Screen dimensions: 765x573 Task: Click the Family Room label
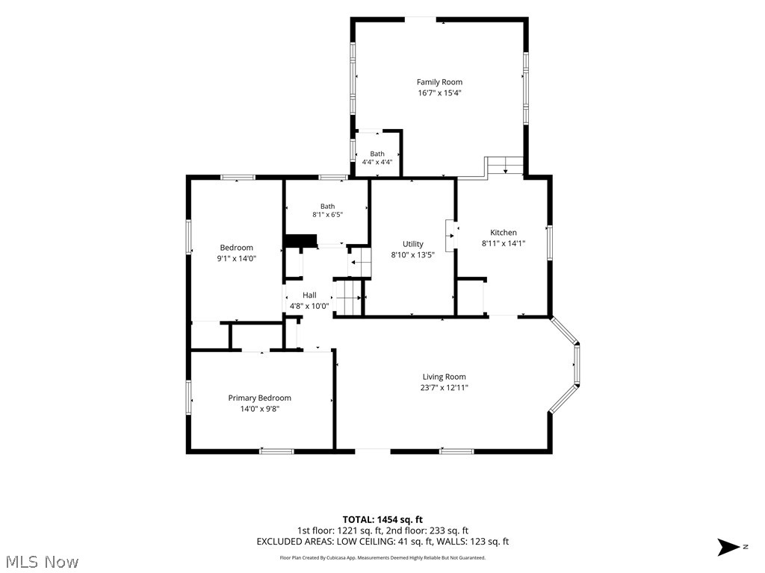point(439,82)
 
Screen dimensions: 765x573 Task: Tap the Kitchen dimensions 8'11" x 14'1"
point(504,243)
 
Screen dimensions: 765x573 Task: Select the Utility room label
point(412,244)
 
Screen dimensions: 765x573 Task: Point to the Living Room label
point(444,377)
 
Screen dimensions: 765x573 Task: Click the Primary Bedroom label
point(259,398)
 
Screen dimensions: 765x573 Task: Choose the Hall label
point(309,295)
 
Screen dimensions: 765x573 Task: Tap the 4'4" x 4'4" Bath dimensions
point(377,162)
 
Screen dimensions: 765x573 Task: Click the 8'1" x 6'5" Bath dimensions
point(328,214)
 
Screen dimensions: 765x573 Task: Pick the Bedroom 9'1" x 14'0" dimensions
point(237,259)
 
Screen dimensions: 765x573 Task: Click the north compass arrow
point(728,547)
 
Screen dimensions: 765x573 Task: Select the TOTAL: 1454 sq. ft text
point(382,519)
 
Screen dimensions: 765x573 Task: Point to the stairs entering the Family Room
point(506,166)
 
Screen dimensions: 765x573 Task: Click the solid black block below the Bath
point(300,241)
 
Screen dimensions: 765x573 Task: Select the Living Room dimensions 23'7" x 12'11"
point(444,388)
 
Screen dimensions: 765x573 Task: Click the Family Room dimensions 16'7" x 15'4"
point(439,93)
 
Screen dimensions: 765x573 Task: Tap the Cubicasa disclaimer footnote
point(382,558)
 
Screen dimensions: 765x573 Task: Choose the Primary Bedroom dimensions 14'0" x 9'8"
point(259,410)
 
